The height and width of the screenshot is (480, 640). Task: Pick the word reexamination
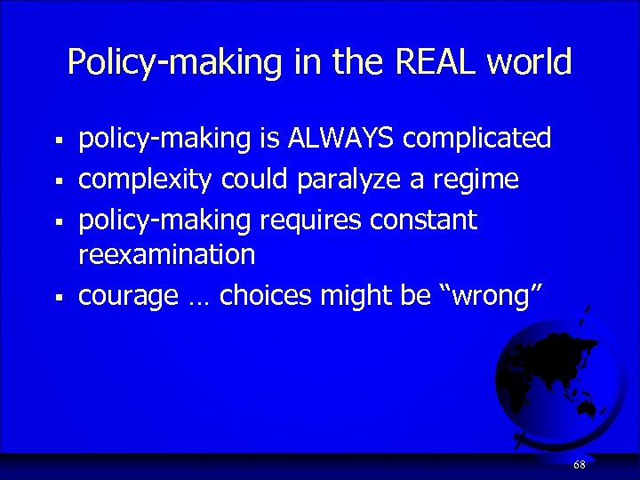[x=166, y=255]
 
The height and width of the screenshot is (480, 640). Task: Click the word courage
[x=128, y=296]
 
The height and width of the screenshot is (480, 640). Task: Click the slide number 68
[x=580, y=465]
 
